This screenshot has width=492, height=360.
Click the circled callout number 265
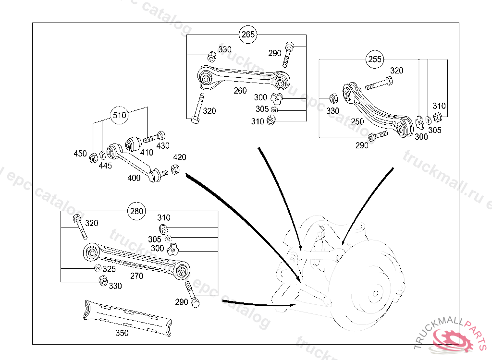pyautogui.click(x=248, y=35)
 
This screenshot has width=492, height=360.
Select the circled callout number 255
pyautogui.click(x=375, y=60)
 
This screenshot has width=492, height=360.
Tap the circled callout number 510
pyautogui.click(x=120, y=115)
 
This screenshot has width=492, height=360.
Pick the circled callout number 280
pyautogui.click(x=137, y=211)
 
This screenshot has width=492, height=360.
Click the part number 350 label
pyautogui.click(x=122, y=333)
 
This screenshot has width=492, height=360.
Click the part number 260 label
pyautogui.click(x=240, y=91)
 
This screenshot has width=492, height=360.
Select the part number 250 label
pyautogui.click(x=357, y=122)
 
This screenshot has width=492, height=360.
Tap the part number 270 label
pyautogui.click(x=137, y=276)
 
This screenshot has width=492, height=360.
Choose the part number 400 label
pyautogui.click(x=134, y=178)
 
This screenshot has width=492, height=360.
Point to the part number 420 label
pyautogui.click(x=180, y=157)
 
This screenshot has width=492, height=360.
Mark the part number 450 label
pyautogui.click(x=80, y=154)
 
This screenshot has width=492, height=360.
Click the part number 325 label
pyautogui.click(x=109, y=269)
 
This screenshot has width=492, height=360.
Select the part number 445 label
pyautogui.click(x=105, y=166)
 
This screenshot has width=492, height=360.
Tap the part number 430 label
pyautogui.click(x=163, y=145)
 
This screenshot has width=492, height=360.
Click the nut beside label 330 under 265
pyautogui.click(x=211, y=56)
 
